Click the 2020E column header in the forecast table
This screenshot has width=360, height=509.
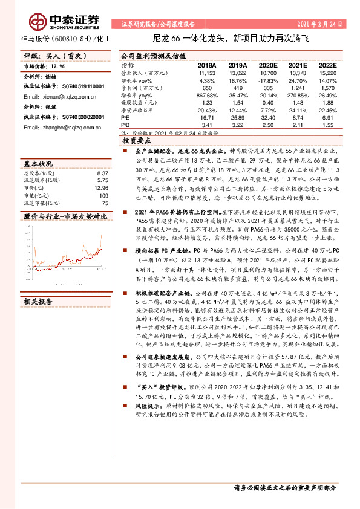(269, 65)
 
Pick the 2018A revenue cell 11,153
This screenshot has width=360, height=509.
(207, 72)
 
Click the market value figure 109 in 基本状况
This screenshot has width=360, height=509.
(103, 196)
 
